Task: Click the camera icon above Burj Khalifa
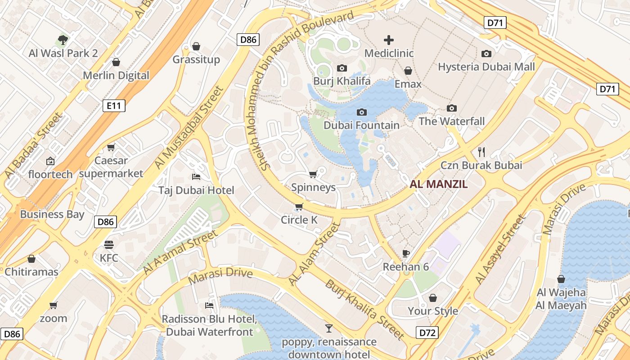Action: pyautogui.click(x=342, y=68)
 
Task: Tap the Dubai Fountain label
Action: pyautogui.click(x=361, y=125)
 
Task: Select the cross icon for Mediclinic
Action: pyautogui.click(x=389, y=40)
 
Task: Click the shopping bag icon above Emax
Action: pyautogui.click(x=408, y=71)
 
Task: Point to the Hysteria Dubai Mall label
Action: pyautogui.click(x=486, y=67)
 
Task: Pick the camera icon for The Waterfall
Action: pyautogui.click(x=452, y=108)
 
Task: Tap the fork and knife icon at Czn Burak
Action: pyautogui.click(x=481, y=152)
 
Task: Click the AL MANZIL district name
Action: pyautogui.click(x=438, y=184)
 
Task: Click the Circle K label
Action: pyautogui.click(x=299, y=220)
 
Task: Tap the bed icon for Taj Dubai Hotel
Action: pyautogui.click(x=196, y=176)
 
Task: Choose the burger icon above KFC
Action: pyautogui.click(x=109, y=245)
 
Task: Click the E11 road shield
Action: pyautogui.click(x=113, y=106)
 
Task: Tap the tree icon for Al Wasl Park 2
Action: pyautogui.click(x=63, y=40)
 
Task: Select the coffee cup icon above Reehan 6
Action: pyautogui.click(x=406, y=253)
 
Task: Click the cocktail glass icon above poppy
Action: pyautogui.click(x=329, y=328)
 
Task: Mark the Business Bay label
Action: pyautogui.click(x=52, y=214)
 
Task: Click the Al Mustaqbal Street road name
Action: pyautogui.click(x=189, y=128)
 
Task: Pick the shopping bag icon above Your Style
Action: pyautogui.click(x=433, y=298)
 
